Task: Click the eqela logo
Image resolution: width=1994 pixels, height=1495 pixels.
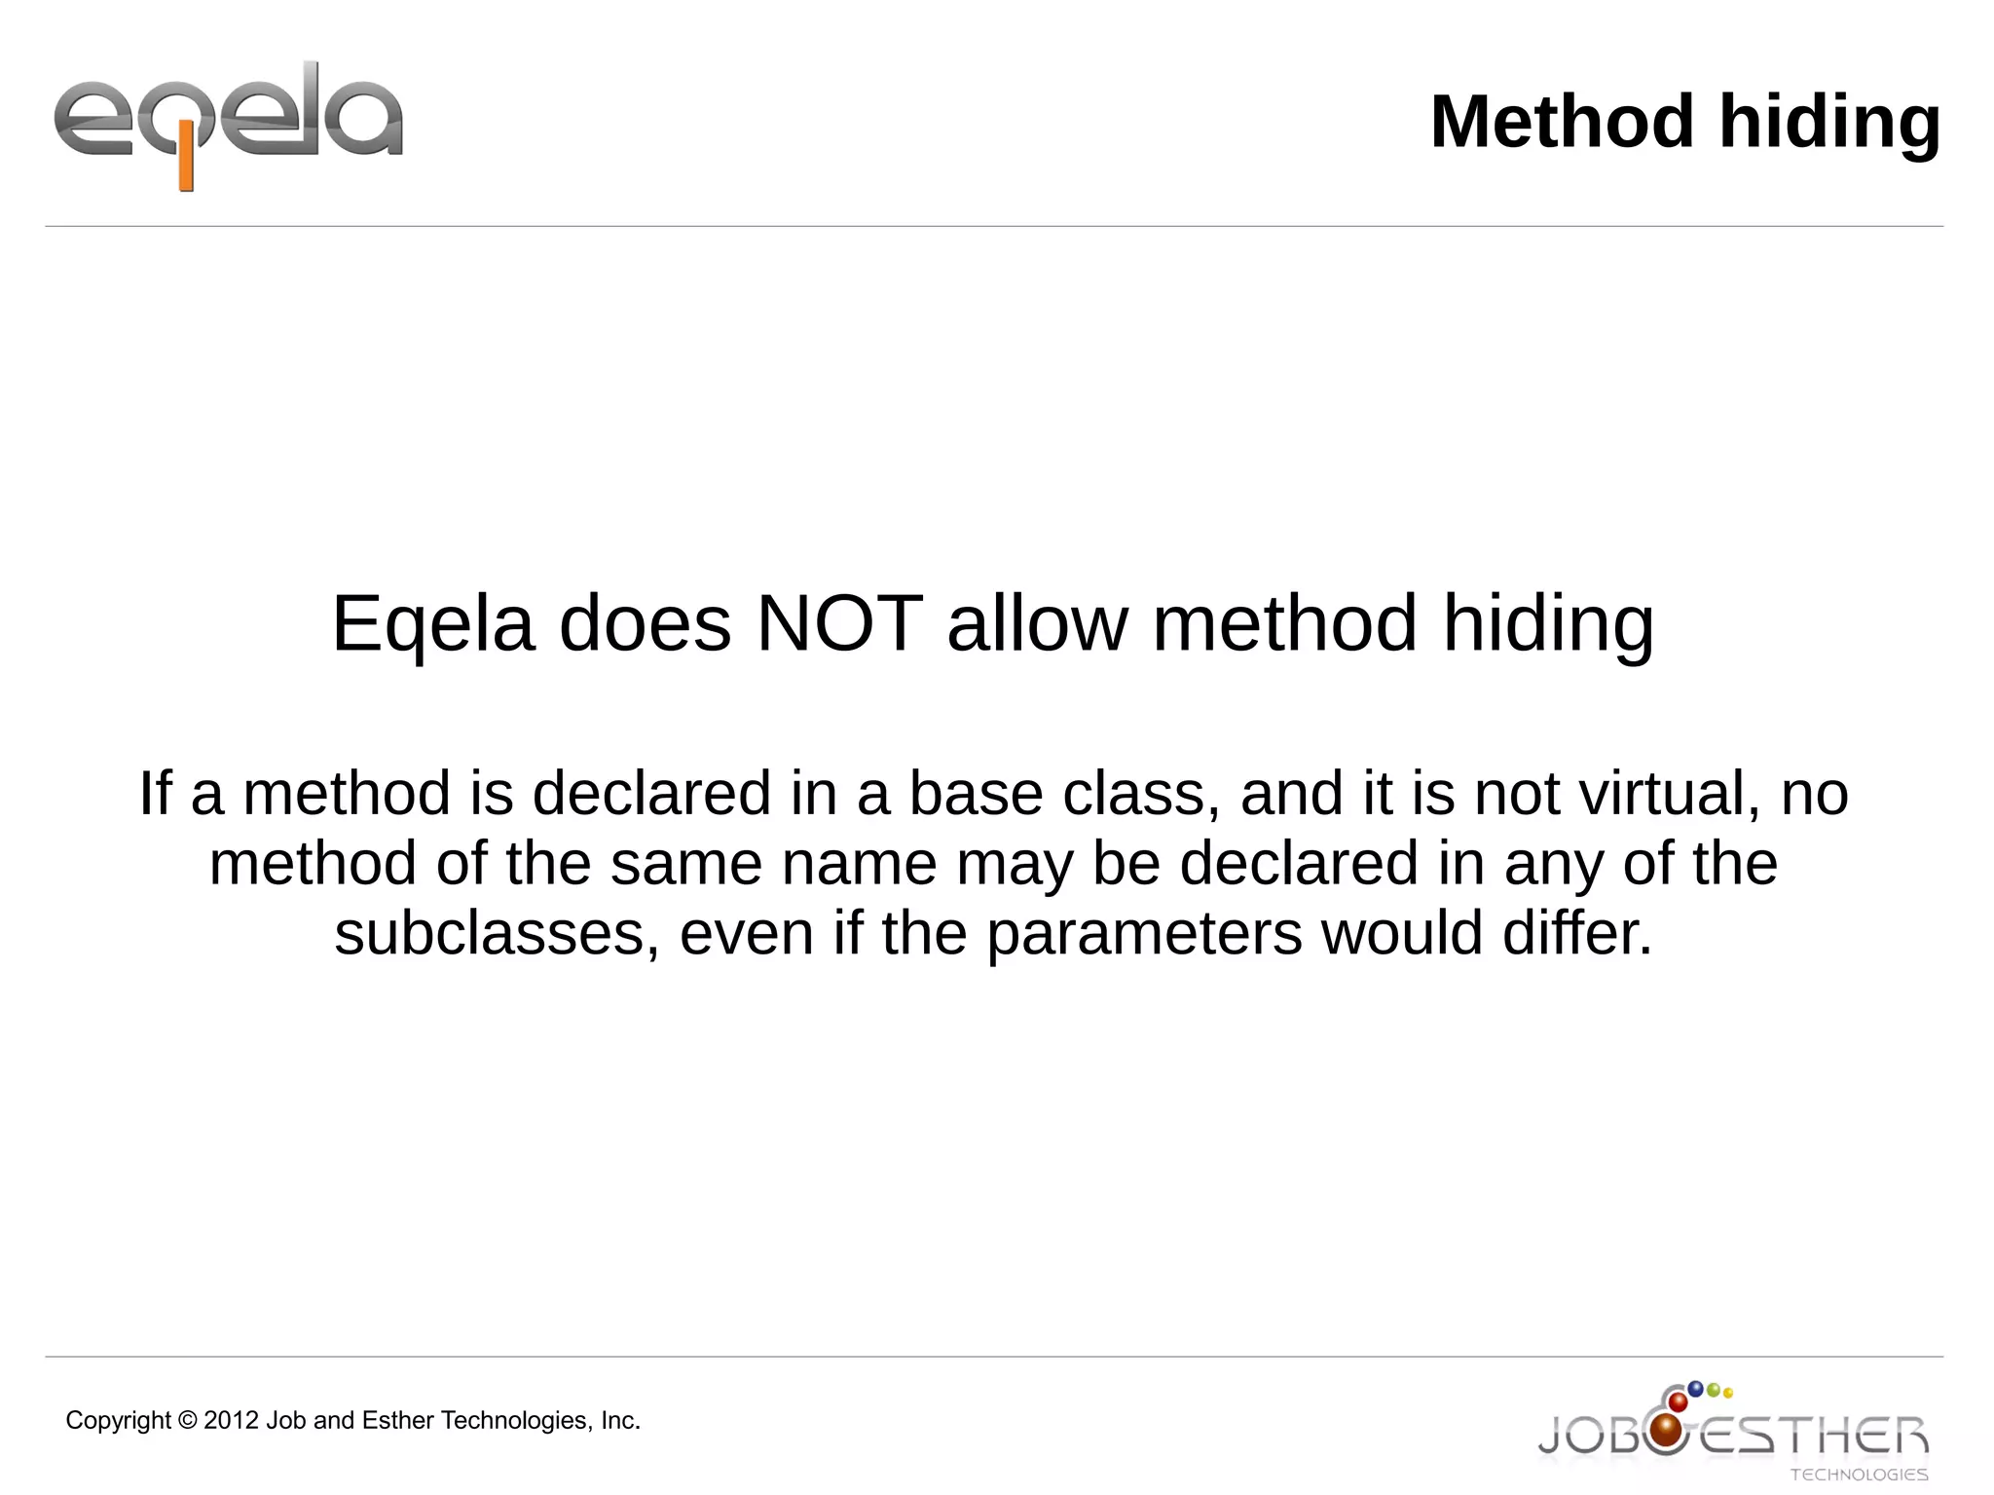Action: (x=228, y=123)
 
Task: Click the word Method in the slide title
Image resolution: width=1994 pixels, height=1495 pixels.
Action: (x=1563, y=123)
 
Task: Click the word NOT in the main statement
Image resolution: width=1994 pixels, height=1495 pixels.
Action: (x=839, y=623)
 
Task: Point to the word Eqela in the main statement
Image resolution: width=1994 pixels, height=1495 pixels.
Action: (x=433, y=625)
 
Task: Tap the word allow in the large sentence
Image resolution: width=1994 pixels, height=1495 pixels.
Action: (x=1036, y=623)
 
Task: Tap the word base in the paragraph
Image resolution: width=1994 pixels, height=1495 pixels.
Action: (x=976, y=793)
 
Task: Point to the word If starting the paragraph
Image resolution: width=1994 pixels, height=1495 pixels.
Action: (x=155, y=793)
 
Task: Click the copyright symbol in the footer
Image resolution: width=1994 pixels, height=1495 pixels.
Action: (x=187, y=1421)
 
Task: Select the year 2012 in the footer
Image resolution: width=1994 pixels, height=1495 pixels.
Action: (x=231, y=1421)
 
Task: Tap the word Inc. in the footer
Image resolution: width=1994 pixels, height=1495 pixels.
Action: (x=620, y=1421)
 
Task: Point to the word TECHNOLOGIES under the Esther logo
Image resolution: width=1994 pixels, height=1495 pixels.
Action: (x=1859, y=1475)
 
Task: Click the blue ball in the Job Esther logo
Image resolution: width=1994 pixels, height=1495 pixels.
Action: (x=1695, y=1388)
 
